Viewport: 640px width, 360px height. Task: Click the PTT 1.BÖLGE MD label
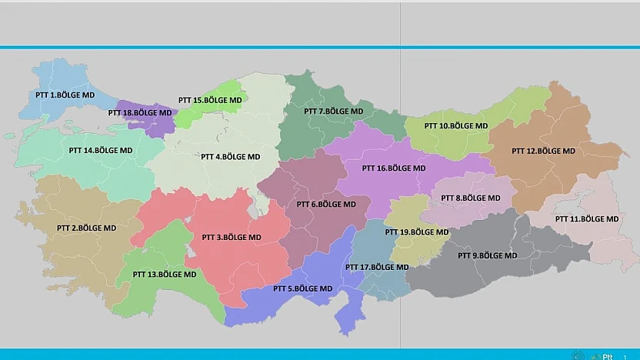pos(65,95)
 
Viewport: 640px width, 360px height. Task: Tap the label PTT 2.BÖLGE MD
pos(86,228)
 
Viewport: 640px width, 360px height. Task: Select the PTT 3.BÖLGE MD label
pos(231,237)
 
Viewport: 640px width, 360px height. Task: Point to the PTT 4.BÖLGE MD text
pos(230,156)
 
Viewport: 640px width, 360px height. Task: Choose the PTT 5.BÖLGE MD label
pos(303,288)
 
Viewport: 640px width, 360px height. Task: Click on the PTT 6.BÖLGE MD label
pos(326,205)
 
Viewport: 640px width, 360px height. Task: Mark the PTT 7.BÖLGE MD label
pos(333,111)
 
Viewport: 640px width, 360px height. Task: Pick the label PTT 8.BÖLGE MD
pos(471,198)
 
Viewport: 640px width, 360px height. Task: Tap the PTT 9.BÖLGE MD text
pos(488,255)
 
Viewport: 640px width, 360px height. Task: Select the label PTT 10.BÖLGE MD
pos(456,125)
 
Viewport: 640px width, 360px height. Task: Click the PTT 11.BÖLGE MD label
pos(587,218)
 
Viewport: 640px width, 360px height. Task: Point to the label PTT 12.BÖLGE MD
pos(543,151)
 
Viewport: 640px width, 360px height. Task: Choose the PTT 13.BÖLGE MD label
pos(165,274)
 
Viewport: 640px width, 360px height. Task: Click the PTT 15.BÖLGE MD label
pos(210,100)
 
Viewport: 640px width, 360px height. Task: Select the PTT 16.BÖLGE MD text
pos(394,168)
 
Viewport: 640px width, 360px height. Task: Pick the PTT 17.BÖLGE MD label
pos(377,267)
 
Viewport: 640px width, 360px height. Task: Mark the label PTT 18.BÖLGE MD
pos(140,112)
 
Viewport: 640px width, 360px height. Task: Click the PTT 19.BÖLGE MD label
pos(417,232)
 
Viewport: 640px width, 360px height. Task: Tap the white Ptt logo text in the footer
pos(608,356)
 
